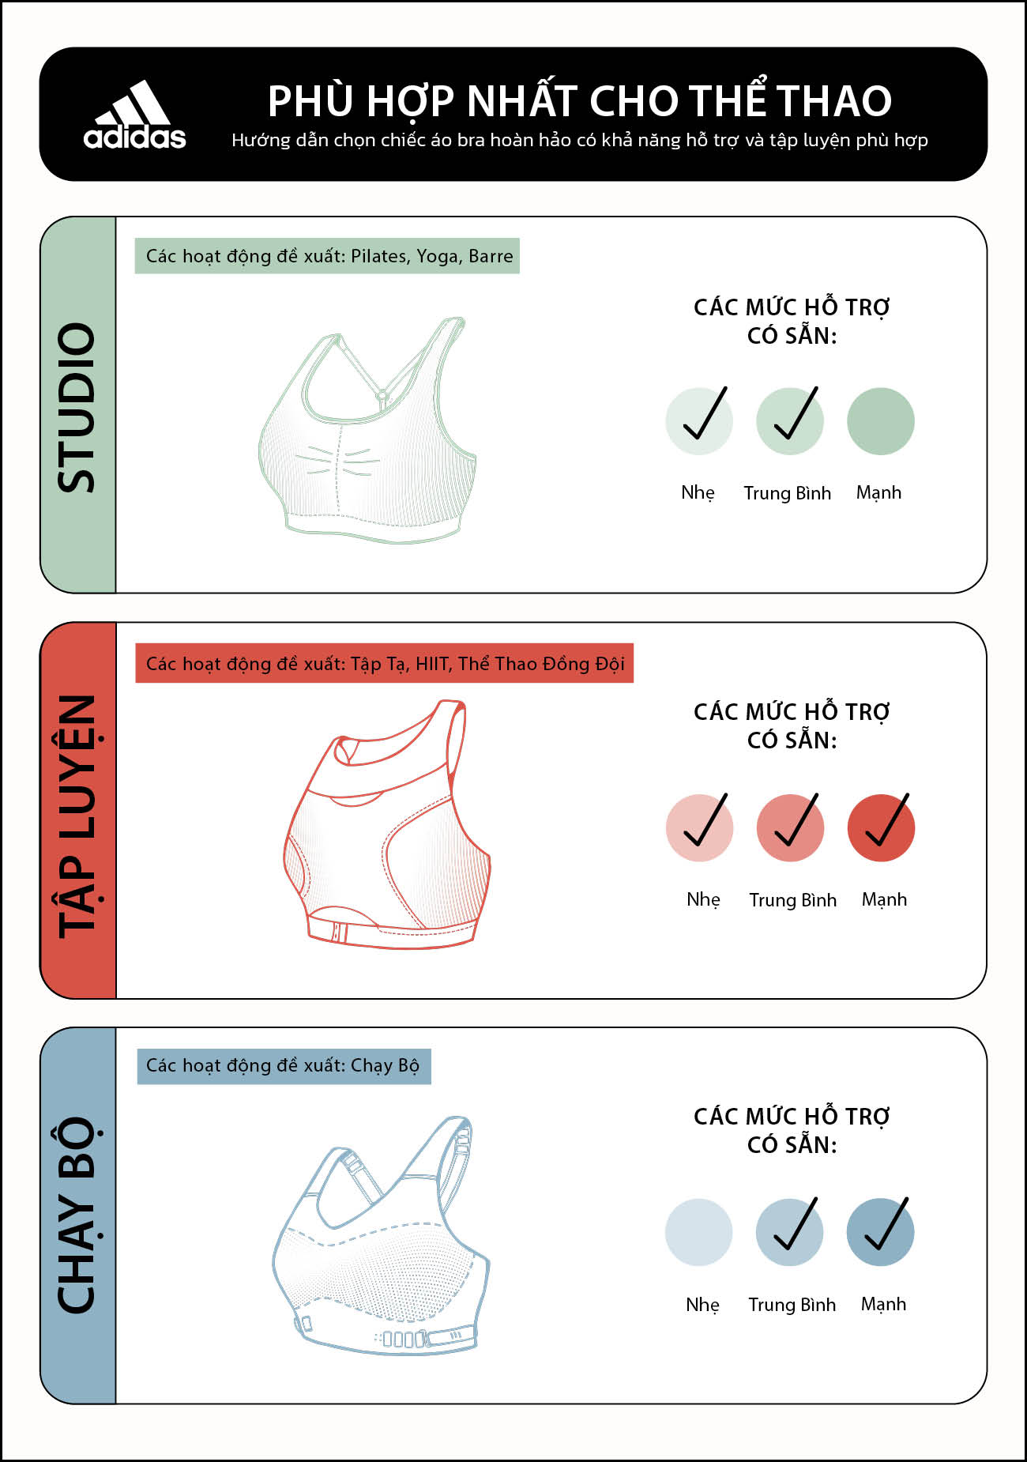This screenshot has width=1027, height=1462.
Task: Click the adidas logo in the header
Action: pyautogui.click(x=135, y=115)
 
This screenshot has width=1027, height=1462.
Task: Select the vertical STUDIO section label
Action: pyautogui.click(x=77, y=407)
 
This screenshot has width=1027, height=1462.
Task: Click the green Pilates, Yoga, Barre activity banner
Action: pyautogui.click(x=327, y=256)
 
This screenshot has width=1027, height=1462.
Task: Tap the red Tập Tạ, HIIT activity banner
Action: pyautogui.click(x=385, y=663)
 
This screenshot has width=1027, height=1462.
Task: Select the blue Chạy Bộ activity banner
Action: pyautogui.click(x=284, y=1065)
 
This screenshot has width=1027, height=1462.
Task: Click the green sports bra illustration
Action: pyautogui.click(x=367, y=431)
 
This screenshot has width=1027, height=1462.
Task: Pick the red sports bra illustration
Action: pyautogui.click(x=387, y=824)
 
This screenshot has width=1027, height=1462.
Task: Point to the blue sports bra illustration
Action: pyautogui.click(x=381, y=1234)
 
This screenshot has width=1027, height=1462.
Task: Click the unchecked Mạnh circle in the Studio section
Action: pyautogui.click(x=881, y=421)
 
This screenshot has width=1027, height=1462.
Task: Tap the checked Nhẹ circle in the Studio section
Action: pyautogui.click(x=699, y=421)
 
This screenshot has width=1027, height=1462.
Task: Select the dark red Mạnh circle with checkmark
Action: pyautogui.click(x=882, y=827)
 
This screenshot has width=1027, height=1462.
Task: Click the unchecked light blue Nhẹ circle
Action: pyautogui.click(x=699, y=1232)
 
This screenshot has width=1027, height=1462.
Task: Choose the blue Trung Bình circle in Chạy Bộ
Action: pyautogui.click(x=790, y=1232)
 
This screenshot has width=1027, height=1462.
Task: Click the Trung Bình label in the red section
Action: pyautogui.click(x=793, y=900)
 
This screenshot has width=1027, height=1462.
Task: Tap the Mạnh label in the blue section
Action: pyautogui.click(x=884, y=1305)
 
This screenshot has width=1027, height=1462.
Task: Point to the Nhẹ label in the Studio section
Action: pyautogui.click(x=698, y=493)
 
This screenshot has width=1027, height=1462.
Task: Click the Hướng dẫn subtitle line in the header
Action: pyautogui.click(x=580, y=141)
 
